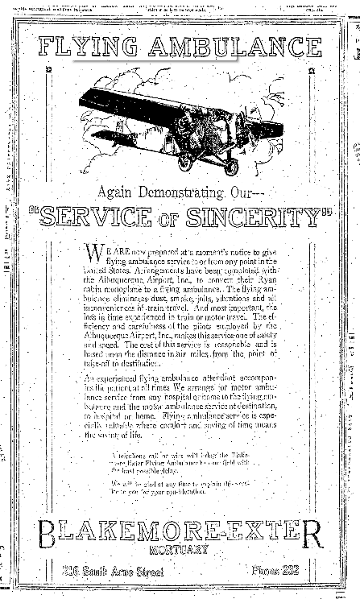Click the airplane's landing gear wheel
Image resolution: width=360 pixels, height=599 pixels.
(x=231, y=167)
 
